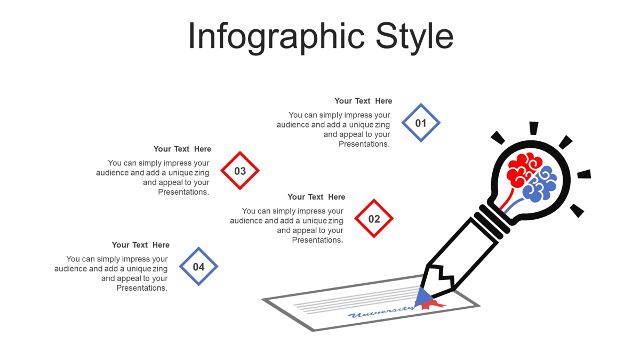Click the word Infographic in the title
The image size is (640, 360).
pos(276,37)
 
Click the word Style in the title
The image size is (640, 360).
pos(414,37)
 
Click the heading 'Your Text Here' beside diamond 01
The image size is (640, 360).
pos(363,101)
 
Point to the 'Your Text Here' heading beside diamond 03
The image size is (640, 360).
pos(182,149)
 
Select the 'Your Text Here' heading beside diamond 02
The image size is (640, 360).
pos(316,197)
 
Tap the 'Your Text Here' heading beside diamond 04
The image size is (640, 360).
pos(141,245)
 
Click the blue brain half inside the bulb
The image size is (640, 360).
pos(539,186)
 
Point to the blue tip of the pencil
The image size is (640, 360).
pos(423,297)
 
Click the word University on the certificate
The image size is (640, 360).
pos(381,311)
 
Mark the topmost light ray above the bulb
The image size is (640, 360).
pos(534,128)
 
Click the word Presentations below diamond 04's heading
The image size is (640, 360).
pos(141,288)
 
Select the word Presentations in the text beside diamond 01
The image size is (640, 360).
pos(364,144)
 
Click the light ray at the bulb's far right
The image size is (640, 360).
pos(584,174)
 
